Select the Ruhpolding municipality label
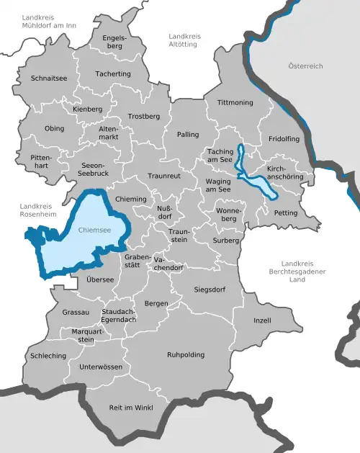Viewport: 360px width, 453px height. point(186,355)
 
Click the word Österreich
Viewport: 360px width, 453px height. point(305,66)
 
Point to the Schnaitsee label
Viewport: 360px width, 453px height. point(50,78)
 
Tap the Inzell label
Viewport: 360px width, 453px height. point(263,319)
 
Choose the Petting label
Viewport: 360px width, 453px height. point(286,213)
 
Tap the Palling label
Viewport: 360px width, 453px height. point(188,135)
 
